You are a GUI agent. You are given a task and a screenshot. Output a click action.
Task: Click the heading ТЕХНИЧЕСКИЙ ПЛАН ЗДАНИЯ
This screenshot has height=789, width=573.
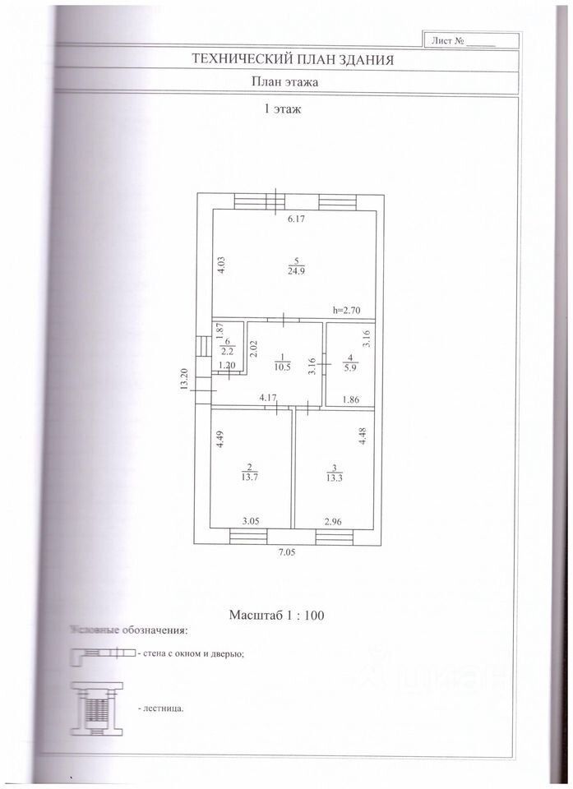[x=292, y=59]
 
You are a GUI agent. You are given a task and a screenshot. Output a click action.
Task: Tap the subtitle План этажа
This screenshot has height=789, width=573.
[x=284, y=82]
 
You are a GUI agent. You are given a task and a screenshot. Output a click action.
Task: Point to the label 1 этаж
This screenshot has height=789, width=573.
[x=281, y=108]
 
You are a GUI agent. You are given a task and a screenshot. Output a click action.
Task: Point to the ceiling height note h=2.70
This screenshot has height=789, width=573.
[x=348, y=310]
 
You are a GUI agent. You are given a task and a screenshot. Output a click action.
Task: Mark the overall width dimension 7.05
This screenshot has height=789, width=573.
[x=284, y=553]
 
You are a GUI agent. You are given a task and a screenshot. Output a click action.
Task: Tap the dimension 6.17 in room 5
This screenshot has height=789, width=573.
[x=295, y=219]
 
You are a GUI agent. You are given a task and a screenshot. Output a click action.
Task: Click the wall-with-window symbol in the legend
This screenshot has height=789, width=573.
[x=103, y=653]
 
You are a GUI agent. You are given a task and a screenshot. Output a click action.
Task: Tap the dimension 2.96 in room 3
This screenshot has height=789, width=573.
[x=333, y=521]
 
